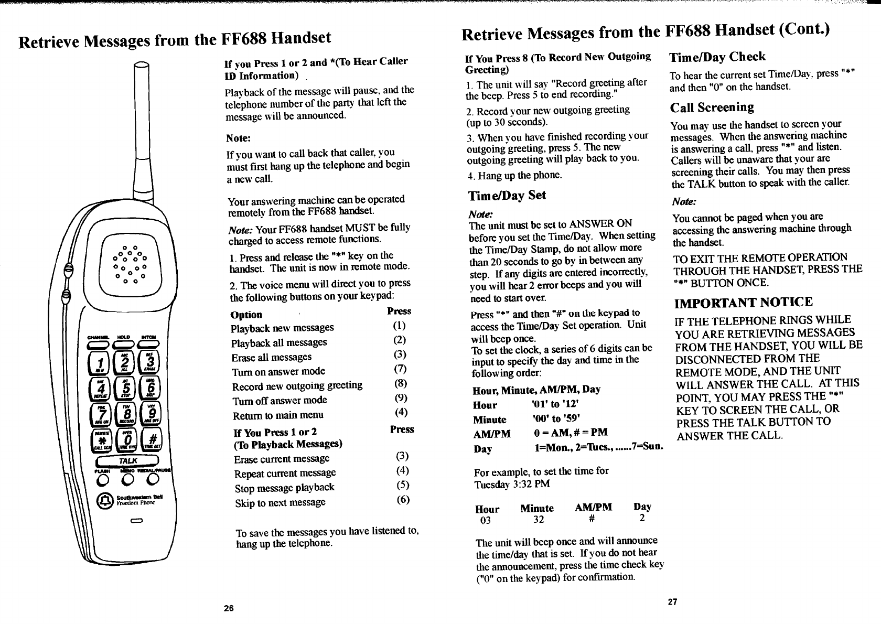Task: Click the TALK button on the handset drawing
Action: click(127, 461)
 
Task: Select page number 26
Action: click(228, 608)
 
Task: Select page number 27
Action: click(672, 602)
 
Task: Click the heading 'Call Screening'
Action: click(712, 107)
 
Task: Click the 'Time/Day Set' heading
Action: click(507, 196)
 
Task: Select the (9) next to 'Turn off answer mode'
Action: click(400, 398)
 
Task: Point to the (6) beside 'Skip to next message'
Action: click(403, 499)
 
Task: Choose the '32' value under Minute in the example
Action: click(539, 520)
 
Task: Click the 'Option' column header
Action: click(246, 315)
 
